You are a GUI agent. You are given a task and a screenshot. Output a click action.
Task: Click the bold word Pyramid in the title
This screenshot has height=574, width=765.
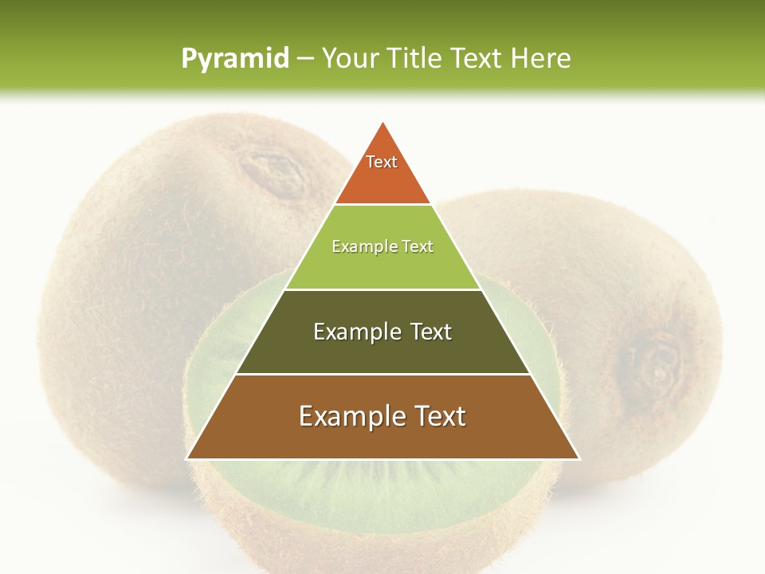[x=234, y=59]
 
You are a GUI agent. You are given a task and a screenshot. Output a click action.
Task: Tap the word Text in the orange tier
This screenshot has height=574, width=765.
[x=382, y=162]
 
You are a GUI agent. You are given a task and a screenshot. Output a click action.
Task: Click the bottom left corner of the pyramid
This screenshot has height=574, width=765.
[x=187, y=458]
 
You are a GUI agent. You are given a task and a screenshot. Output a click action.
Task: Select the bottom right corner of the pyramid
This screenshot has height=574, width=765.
[x=579, y=458]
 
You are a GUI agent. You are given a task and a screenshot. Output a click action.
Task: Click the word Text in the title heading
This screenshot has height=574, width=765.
[x=477, y=59]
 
